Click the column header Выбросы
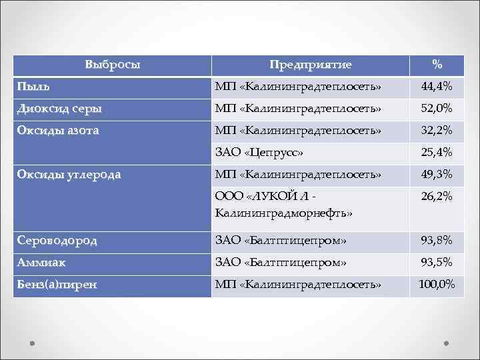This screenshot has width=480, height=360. (x=113, y=65)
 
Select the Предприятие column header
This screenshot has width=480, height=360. (x=310, y=65)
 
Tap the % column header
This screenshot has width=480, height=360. (x=437, y=65)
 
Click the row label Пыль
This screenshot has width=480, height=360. (x=33, y=87)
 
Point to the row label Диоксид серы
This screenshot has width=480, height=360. (x=60, y=108)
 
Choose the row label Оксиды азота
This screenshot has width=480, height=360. (x=58, y=131)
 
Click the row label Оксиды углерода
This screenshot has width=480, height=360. (x=69, y=175)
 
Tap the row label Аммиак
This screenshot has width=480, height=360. (x=41, y=262)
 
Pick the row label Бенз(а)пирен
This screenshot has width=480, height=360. (x=57, y=285)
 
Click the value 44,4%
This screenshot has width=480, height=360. (x=437, y=87)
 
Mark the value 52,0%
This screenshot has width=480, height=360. (x=437, y=108)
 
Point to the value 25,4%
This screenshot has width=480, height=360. (x=437, y=153)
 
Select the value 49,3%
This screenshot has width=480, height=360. (x=437, y=175)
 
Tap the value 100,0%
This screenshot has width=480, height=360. (x=437, y=285)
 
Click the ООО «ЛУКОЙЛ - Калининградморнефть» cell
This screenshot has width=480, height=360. (x=283, y=205)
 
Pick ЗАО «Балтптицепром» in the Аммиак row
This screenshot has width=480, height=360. (x=280, y=262)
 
